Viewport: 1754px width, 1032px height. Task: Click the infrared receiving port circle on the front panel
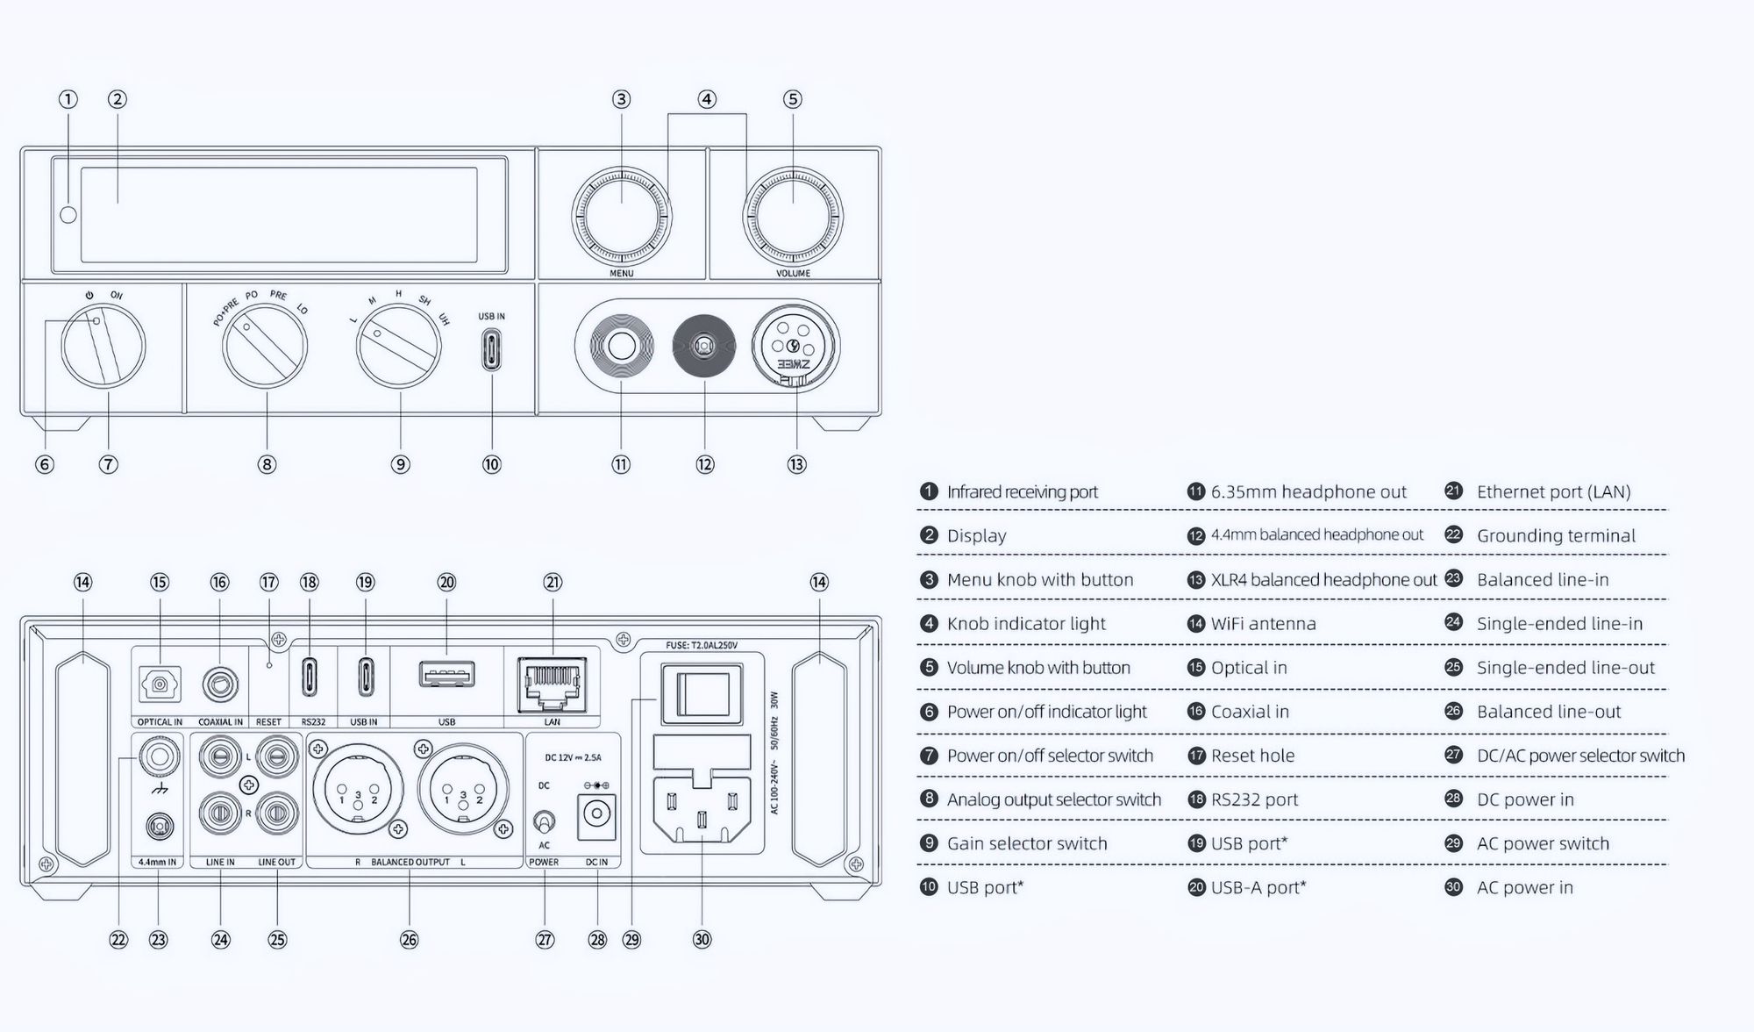point(68,215)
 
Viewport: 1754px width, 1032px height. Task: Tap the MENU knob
point(621,214)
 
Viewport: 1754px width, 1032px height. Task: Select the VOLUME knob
point(792,214)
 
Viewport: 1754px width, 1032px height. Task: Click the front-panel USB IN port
point(491,349)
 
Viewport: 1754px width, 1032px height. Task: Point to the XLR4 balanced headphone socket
point(795,347)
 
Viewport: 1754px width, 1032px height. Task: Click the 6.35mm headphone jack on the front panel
point(621,347)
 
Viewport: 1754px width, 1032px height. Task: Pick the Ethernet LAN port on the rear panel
point(552,684)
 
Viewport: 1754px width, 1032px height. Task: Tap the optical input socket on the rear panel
point(160,684)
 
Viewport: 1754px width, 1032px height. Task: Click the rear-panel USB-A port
point(446,675)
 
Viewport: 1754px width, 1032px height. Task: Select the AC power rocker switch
point(702,693)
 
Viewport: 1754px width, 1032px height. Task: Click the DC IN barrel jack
point(596,816)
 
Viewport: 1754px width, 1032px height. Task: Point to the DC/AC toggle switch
point(544,822)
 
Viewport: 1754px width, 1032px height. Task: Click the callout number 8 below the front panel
point(267,464)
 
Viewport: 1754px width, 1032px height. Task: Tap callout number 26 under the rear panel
point(409,940)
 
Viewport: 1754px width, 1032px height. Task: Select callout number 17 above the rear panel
point(268,582)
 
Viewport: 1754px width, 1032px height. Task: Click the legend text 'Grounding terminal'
point(1556,535)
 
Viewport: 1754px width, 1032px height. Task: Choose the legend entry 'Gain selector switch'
point(1026,843)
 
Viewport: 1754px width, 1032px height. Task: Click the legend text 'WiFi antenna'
point(1263,623)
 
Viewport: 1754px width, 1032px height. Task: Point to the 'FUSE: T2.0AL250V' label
point(702,645)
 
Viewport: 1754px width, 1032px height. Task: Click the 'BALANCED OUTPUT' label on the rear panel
point(410,862)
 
